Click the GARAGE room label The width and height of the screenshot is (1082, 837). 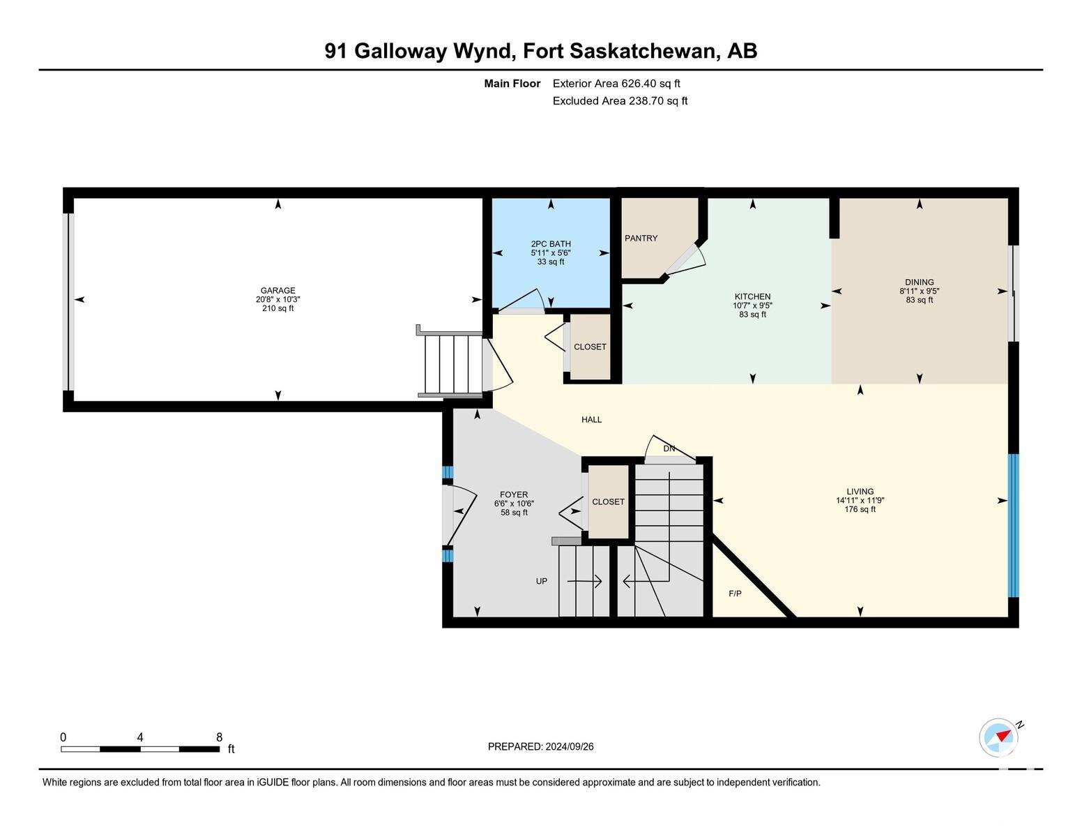(278, 290)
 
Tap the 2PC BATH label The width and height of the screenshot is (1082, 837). (551, 244)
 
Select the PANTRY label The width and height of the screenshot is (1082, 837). (641, 239)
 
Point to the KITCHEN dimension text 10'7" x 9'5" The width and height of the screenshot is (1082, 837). (752, 306)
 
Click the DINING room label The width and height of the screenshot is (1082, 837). (919, 282)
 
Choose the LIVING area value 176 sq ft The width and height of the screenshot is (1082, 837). (860, 509)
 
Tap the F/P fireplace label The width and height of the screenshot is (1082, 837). (735, 594)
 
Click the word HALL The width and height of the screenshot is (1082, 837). (591, 420)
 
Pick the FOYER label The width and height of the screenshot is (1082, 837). (514, 495)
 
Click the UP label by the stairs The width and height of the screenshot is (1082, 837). (541, 581)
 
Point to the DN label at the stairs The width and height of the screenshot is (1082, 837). (669, 448)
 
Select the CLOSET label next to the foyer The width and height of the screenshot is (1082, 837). (608, 502)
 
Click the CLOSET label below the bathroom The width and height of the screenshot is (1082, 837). (590, 347)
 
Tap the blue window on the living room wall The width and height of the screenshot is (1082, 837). (1013, 525)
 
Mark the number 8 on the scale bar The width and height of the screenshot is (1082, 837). (219, 737)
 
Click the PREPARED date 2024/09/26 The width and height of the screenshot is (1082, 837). (569, 747)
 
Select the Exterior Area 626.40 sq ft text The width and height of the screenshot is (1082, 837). (616, 84)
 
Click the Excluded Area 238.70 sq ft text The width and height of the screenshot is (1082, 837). (620, 101)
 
